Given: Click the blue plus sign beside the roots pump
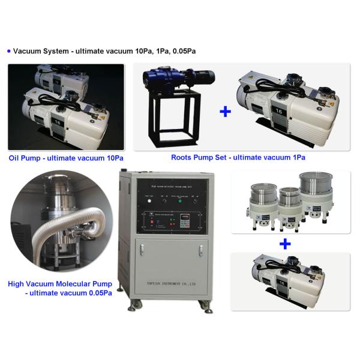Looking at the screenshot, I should (225, 111).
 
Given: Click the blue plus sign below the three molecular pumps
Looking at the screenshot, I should (285, 244).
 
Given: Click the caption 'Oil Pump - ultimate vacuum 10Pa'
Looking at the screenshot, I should (67, 158).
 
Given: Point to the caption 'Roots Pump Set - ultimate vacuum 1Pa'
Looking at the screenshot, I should (238, 158).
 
